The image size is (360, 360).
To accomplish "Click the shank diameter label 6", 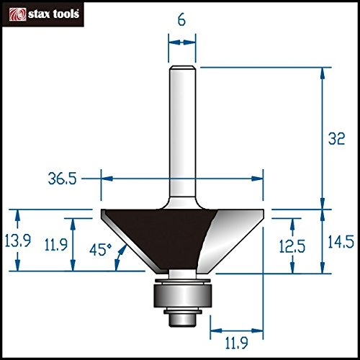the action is click(x=181, y=20).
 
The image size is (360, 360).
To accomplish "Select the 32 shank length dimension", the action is click(x=336, y=139).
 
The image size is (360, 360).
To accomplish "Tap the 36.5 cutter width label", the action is click(x=63, y=179).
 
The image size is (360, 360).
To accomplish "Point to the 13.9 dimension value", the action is click(x=18, y=240).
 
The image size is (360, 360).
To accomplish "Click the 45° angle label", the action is click(x=101, y=250).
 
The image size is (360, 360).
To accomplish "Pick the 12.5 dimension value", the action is click(x=292, y=246).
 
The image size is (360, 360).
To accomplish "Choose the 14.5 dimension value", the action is click(x=341, y=242).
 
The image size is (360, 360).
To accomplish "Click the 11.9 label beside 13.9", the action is click(x=56, y=245).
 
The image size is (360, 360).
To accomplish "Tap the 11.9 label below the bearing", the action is click(x=236, y=343).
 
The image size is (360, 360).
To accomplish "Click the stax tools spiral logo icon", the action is click(x=17, y=14).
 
